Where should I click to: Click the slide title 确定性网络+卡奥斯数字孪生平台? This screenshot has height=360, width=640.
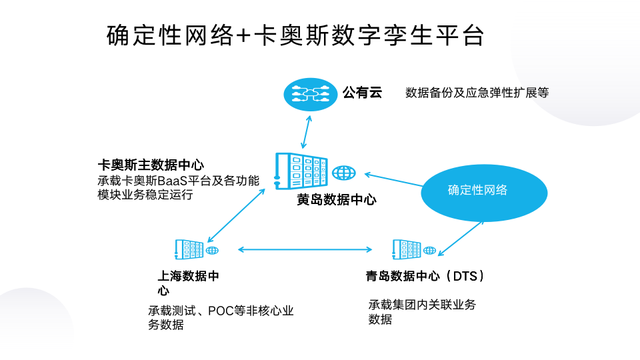295,36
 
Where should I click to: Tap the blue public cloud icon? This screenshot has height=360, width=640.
307,93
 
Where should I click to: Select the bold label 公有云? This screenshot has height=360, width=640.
362,92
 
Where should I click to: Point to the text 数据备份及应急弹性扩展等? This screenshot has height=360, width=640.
477,93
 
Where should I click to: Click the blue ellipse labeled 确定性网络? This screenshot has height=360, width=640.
477,190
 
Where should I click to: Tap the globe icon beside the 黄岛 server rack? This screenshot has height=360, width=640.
344,173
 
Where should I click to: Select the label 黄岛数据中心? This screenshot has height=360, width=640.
337,199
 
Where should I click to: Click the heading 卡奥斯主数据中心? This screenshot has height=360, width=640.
150,165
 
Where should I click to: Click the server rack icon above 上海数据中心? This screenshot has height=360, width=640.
188,249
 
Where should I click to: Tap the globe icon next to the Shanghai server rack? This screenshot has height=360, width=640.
212,251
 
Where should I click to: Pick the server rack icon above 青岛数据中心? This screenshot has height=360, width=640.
406,249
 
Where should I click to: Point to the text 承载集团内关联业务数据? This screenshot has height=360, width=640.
422,311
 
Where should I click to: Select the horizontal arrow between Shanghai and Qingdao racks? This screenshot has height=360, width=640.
305,250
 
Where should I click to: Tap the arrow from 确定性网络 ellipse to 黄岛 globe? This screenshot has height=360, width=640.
393,180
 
